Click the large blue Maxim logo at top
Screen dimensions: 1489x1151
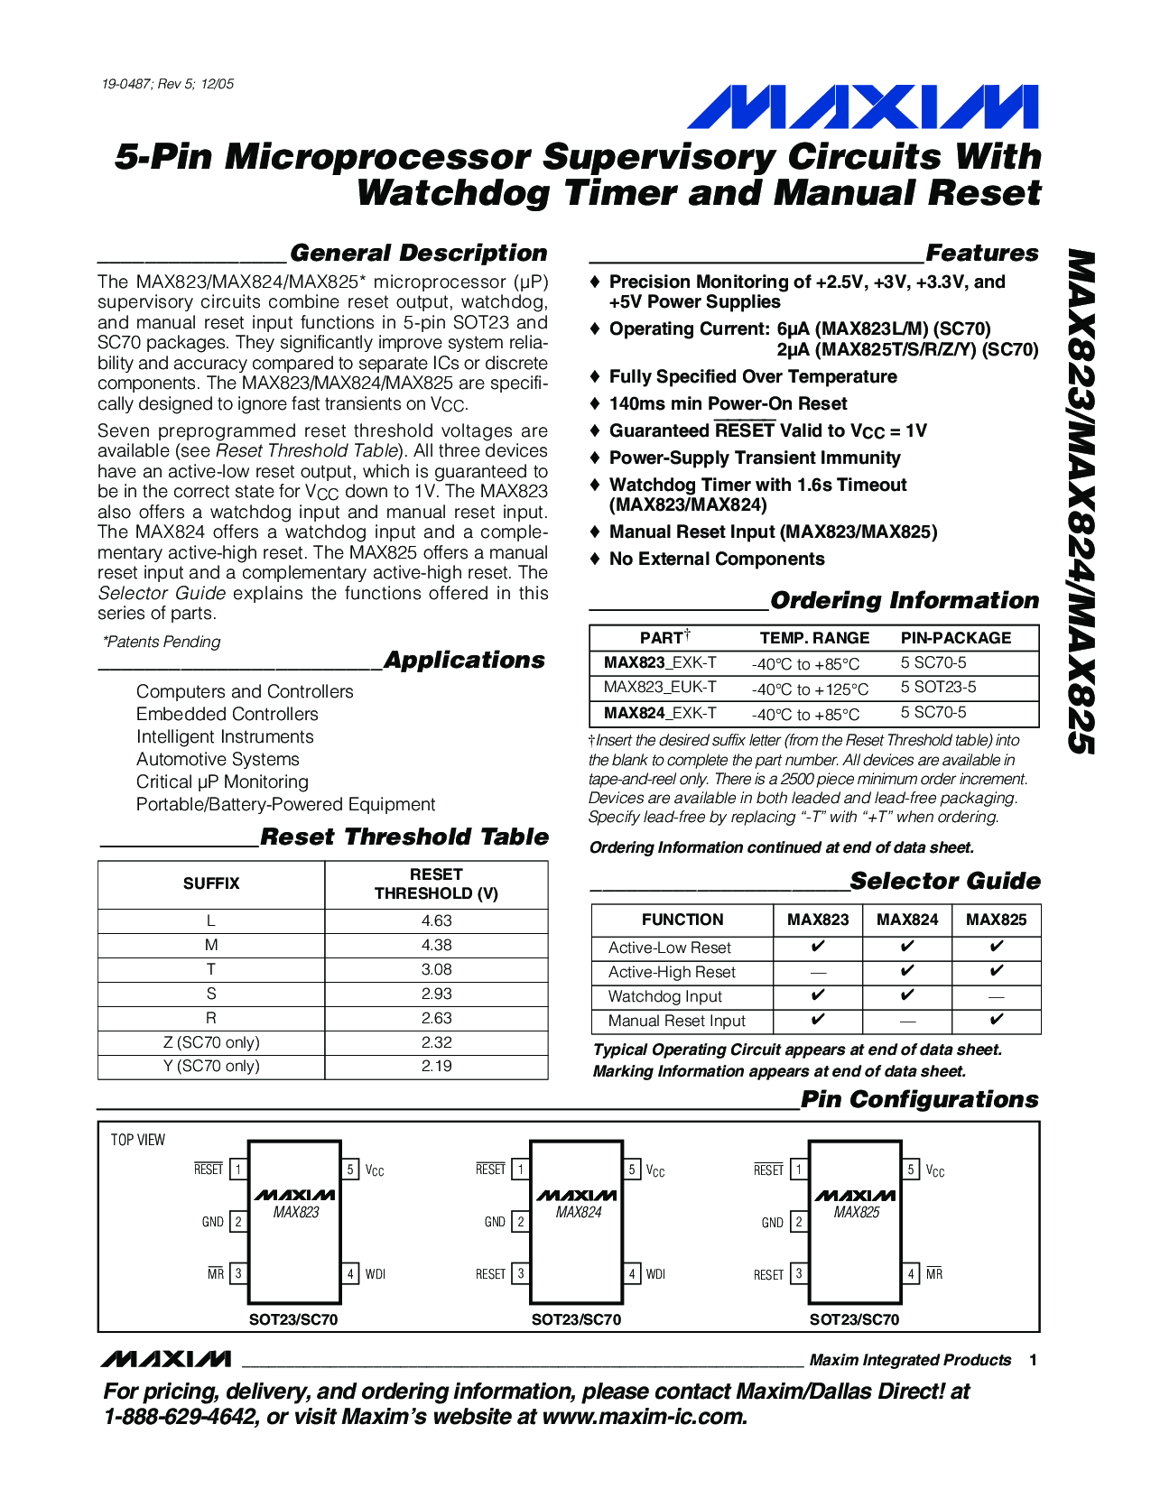pos(862,106)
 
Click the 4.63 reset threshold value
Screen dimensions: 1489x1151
pos(436,920)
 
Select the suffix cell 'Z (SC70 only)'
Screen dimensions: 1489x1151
pos(211,1042)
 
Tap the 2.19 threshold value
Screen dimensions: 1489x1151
pos(436,1066)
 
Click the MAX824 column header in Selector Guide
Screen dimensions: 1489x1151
pos(907,920)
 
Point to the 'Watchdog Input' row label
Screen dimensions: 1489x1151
pos(665,996)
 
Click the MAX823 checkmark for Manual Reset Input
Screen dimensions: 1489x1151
pos(818,1021)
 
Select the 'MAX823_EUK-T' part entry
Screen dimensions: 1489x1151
pos(660,687)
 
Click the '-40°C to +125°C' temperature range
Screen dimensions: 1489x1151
pos(810,689)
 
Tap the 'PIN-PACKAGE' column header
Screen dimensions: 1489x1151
pos(956,638)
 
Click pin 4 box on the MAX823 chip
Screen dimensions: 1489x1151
pos(350,1274)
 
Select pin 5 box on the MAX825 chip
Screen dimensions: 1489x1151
pos(911,1170)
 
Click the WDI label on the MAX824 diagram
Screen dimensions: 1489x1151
pos(655,1274)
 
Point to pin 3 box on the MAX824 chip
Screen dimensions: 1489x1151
pos(521,1274)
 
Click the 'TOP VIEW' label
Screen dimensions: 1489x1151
pos(138,1140)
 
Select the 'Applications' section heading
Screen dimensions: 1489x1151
pos(464,661)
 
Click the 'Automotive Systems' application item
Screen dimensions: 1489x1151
pos(218,759)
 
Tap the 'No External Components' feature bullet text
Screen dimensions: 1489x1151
pos(717,559)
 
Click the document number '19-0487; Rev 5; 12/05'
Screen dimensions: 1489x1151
pos(168,84)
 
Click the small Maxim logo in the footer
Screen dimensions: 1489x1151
pos(166,1359)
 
